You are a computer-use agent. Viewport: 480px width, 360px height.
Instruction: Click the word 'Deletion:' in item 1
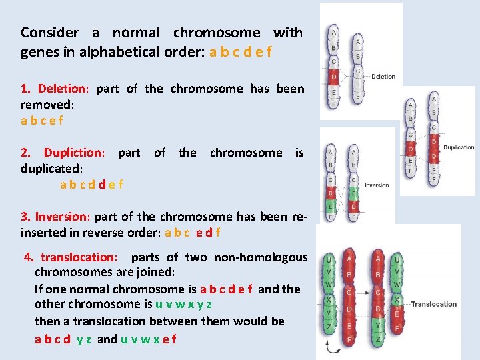(63, 89)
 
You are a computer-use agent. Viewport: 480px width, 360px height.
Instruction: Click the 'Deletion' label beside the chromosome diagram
(383, 77)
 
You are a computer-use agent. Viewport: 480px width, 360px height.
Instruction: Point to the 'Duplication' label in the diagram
(459, 147)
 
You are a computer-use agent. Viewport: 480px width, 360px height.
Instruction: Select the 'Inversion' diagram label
(377, 185)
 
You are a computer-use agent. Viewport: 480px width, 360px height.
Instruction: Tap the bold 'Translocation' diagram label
(434, 304)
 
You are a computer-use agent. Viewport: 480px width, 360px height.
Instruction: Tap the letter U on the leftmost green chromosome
(329, 260)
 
